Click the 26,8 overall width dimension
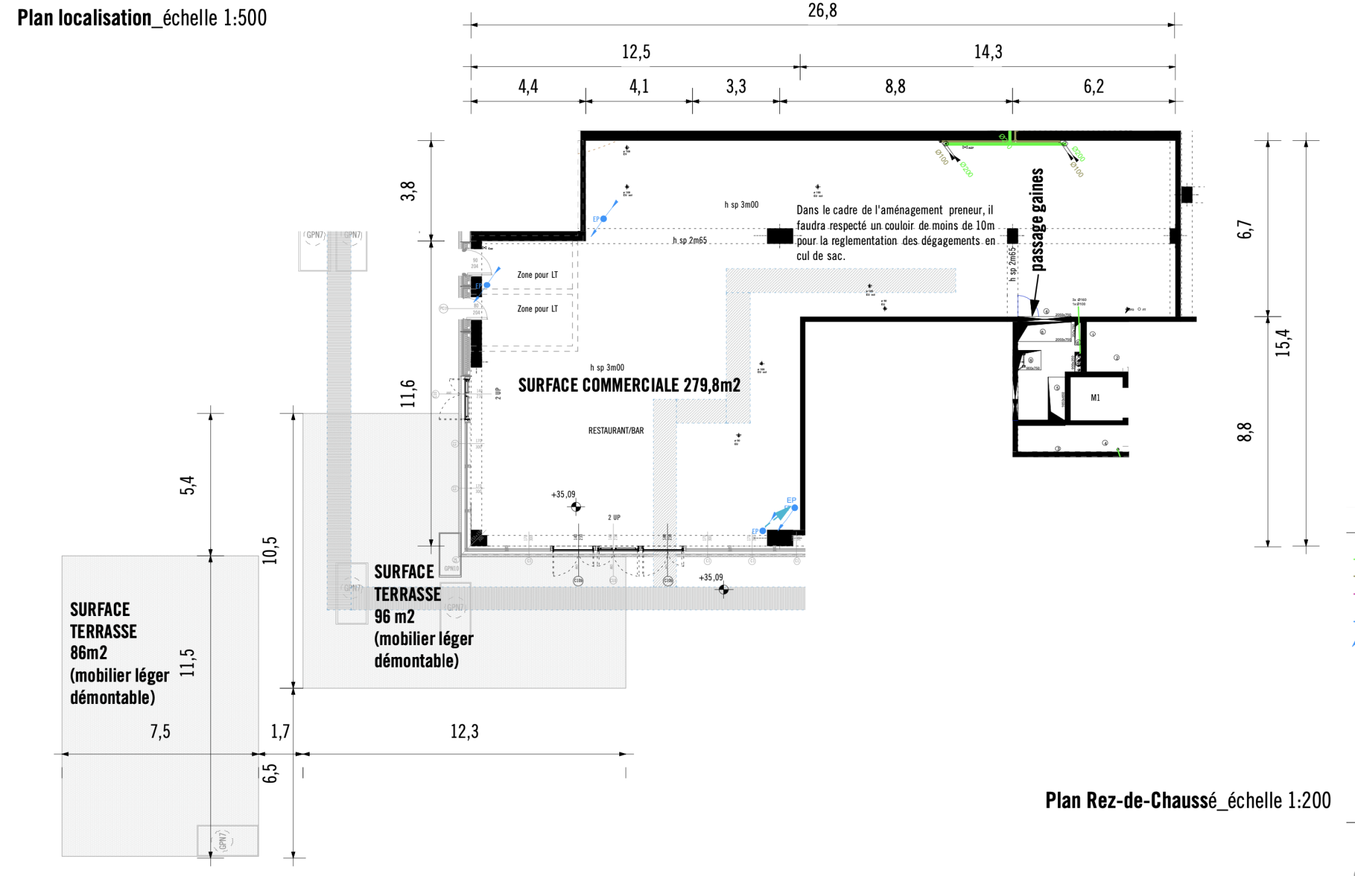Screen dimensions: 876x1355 click(x=822, y=11)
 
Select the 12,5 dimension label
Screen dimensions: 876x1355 click(x=636, y=52)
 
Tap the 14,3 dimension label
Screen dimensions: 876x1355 click(x=988, y=52)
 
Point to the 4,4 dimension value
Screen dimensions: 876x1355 click(x=528, y=87)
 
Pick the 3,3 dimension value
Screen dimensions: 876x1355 click(x=736, y=87)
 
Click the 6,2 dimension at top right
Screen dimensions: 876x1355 click(x=1094, y=87)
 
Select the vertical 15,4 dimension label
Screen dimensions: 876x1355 click(x=1283, y=343)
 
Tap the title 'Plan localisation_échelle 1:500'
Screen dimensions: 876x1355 click(x=142, y=18)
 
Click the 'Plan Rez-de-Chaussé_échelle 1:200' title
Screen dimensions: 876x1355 click(x=1188, y=801)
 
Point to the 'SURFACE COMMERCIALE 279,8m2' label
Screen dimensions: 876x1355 click(x=629, y=385)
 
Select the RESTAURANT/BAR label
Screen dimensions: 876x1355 click(x=616, y=431)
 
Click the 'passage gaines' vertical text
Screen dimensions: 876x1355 click(x=1037, y=219)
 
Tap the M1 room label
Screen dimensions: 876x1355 click(x=1095, y=398)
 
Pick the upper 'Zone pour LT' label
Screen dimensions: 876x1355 click(x=537, y=275)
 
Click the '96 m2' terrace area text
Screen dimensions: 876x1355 click(x=394, y=617)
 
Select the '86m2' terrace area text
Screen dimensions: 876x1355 click(x=89, y=653)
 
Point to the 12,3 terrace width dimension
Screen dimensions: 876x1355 click(x=464, y=732)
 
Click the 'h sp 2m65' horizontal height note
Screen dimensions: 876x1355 click(x=689, y=240)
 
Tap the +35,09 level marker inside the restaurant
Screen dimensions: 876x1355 click(x=563, y=494)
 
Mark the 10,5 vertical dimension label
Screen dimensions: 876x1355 click(x=270, y=550)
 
